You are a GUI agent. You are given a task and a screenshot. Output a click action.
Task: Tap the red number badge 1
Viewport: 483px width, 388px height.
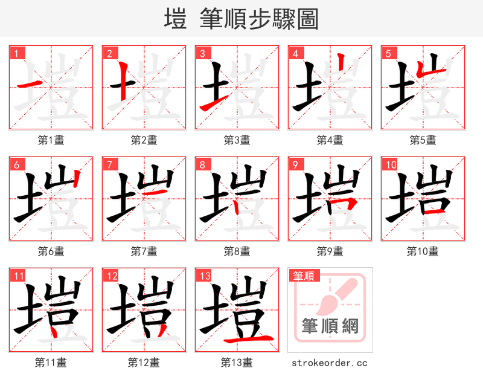pos(16,53)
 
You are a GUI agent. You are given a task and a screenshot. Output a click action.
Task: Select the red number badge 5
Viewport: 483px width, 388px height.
pos(388,53)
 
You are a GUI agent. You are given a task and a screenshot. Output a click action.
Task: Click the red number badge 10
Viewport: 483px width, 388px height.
pos(389,164)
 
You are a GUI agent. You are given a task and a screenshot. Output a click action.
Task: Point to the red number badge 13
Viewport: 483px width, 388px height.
pos(203,276)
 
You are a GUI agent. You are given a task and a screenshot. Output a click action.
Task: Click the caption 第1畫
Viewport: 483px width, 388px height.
pos(51,140)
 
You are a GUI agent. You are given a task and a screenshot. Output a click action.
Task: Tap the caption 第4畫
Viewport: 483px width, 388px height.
pos(330,140)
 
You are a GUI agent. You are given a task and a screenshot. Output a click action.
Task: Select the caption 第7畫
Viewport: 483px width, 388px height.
pos(144,251)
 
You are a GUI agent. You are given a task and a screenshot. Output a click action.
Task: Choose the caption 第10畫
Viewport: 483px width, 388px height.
pos(423,251)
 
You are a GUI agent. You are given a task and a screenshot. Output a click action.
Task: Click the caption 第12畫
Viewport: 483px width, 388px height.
pos(144,363)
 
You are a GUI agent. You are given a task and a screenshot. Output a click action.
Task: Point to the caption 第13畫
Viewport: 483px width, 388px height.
pos(237,363)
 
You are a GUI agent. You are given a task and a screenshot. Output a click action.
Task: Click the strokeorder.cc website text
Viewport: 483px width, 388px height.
pos(330,363)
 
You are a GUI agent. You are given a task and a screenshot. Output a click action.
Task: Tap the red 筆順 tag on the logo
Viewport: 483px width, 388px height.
pos(303,276)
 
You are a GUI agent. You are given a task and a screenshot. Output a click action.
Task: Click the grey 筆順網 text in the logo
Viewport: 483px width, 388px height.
pos(330,326)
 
